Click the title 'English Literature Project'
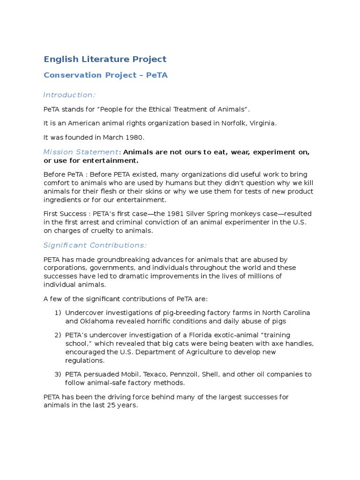coord(105,59)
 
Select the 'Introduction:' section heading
coord(69,95)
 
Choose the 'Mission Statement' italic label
coord(81,152)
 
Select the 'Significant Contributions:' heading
coord(95,245)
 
